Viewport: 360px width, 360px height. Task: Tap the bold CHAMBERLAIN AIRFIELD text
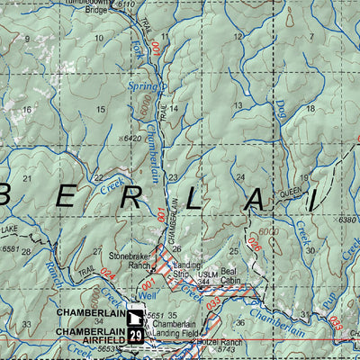tap(87, 332)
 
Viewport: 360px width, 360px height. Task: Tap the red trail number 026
tap(254, 240)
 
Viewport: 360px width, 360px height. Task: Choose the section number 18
tap(310, 108)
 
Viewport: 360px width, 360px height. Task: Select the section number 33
tap(28, 323)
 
